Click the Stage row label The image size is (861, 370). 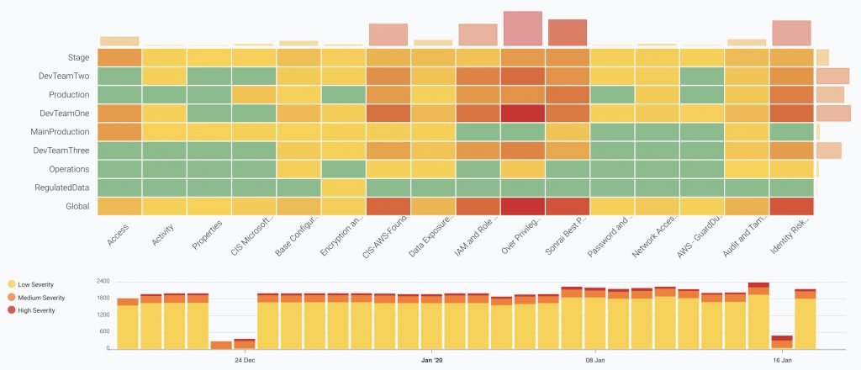click(x=78, y=57)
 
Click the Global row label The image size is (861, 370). click(x=77, y=206)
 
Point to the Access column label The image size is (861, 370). click(x=118, y=233)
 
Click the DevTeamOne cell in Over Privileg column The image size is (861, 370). click(x=523, y=113)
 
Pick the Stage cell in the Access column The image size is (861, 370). click(x=119, y=57)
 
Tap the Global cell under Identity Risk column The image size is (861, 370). click(x=791, y=206)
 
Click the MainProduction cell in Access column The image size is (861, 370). click(x=119, y=132)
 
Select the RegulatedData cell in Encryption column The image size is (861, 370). click(x=344, y=188)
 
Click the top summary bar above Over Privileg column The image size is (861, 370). click(x=523, y=28)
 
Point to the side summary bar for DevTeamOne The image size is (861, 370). click(x=833, y=113)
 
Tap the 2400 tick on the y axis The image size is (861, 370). click(x=103, y=281)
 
